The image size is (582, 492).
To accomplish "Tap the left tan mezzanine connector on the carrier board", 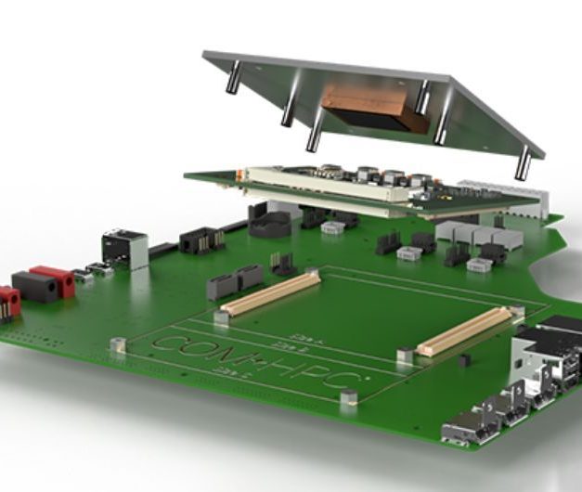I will click(270, 291).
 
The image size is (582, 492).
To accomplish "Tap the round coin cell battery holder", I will click(270, 222).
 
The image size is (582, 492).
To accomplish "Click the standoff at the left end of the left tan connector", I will click(220, 317).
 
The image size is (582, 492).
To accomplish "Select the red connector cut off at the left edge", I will click(8, 302).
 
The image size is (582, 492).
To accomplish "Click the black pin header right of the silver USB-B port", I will click(201, 240).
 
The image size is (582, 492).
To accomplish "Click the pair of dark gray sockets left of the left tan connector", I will click(236, 280).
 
